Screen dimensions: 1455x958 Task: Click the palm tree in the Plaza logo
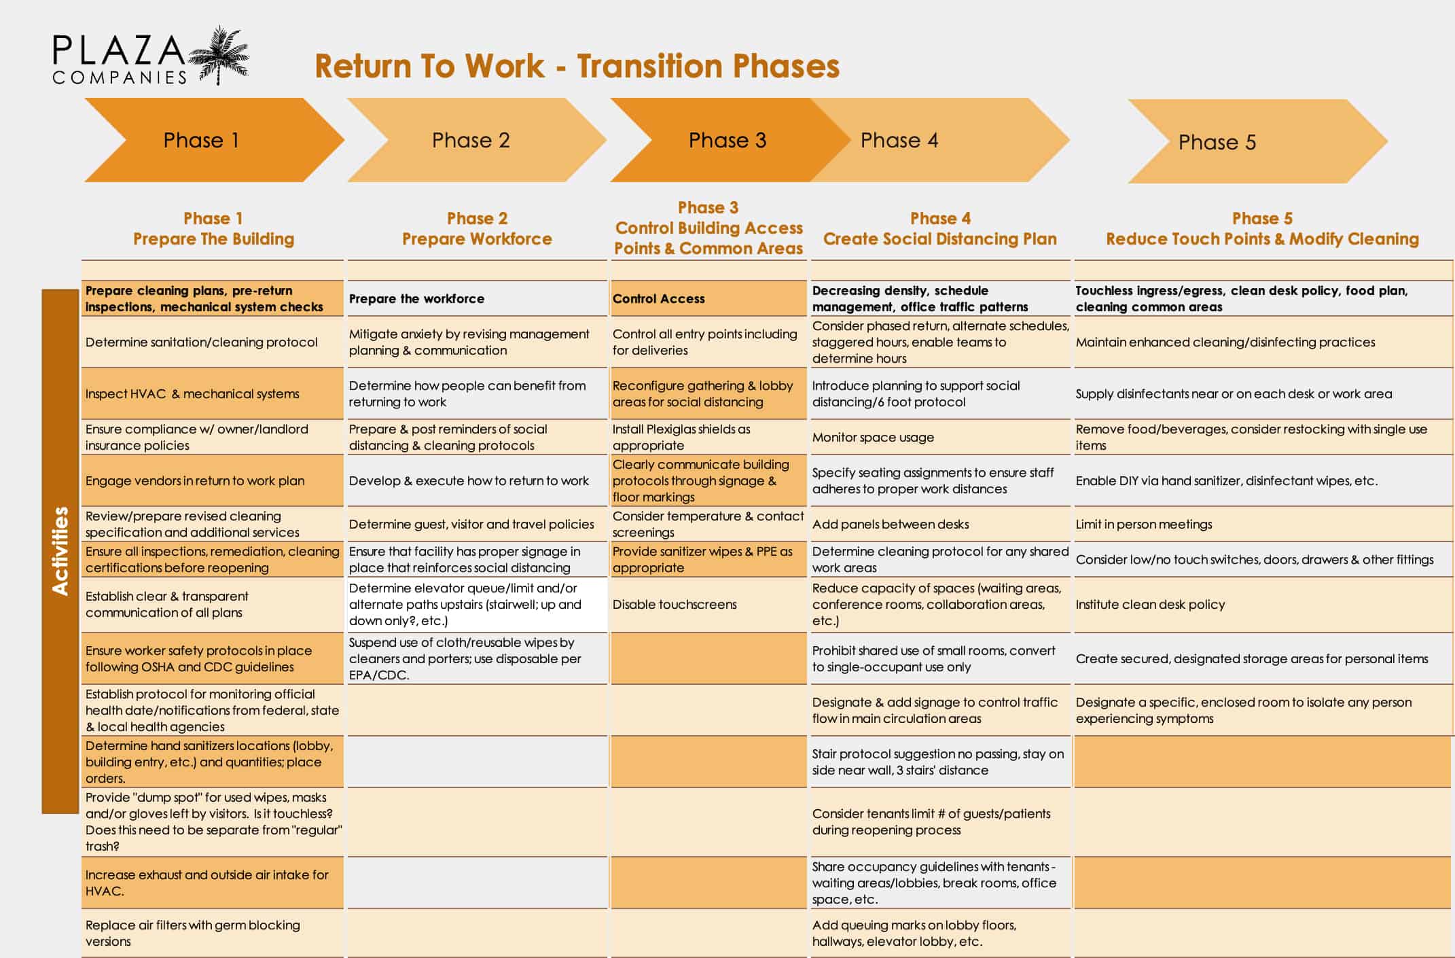pos(219,55)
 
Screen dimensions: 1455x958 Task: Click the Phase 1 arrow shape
pos(214,140)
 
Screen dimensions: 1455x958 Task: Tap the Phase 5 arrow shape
pos(1257,141)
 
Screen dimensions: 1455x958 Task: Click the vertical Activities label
pos(60,551)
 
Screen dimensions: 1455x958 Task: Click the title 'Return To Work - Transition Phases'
pos(577,67)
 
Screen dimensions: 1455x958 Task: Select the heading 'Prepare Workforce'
pos(477,239)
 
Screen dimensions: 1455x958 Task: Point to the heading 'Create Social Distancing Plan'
pos(940,239)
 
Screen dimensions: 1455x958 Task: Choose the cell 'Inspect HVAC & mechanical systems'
pos(213,393)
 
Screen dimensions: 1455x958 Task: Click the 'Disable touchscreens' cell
pos(708,604)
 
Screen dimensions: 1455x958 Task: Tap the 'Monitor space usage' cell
pos(940,437)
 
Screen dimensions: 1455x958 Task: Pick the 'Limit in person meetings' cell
pos(1263,524)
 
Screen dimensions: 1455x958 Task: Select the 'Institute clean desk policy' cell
pos(1263,604)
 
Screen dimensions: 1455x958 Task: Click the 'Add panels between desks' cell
pos(940,524)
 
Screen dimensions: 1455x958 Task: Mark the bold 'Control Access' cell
pos(708,298)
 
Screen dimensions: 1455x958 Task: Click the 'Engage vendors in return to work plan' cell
pos(213,480)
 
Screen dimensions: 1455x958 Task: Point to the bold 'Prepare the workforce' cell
pos(477,298)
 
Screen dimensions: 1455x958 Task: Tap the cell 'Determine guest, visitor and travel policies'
pos(477,524)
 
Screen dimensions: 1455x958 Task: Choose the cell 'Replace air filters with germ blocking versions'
pos(213,933)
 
